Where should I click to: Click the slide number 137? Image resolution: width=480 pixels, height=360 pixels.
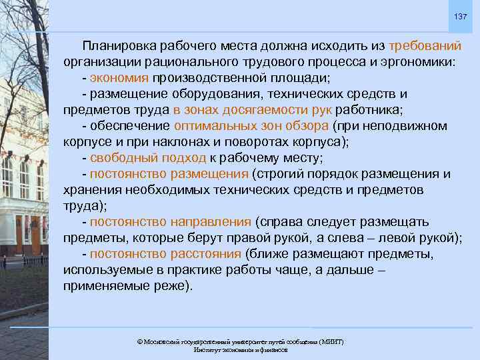[460, 16]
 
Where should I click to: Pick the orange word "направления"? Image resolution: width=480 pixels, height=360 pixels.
[210, 222]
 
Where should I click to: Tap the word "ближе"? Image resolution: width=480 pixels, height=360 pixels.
[267, 254]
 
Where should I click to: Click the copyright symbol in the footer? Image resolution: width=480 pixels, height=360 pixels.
[139, 341]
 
